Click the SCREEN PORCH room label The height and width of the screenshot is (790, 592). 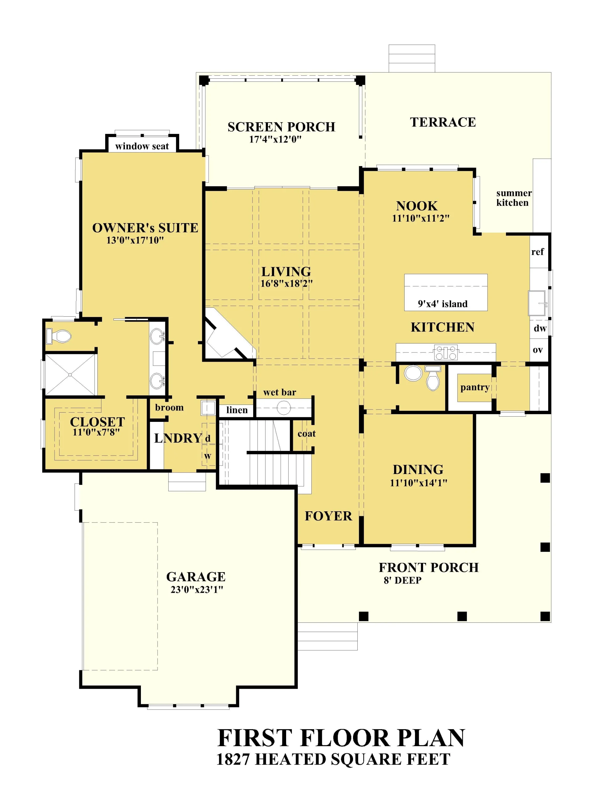[x=281, y=127]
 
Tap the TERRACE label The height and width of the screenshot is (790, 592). [x=443, y=122]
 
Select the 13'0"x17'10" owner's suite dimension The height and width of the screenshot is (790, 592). [x=135, y=240]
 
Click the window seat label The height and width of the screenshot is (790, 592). [x=142, y=146]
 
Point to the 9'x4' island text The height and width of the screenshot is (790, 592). [x=442, y=304]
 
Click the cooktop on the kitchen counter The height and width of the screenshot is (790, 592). [x=446, y=352]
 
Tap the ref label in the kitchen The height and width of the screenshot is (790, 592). [x=537, y=252]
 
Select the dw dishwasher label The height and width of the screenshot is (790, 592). [x=540, y=328]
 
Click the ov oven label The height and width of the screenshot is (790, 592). [x=538, y=350]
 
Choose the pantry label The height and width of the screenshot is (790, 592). [x=475, y=388]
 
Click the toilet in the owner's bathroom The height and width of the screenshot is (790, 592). [x=59, y=336]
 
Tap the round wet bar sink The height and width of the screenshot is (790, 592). [x=284, y=408]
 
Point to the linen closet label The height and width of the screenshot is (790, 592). [x=237, y=410]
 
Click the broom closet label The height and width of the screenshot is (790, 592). [x=169, y=408]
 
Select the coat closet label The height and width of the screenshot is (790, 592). [x=306, y=434]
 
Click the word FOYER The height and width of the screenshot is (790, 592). [x=328, y=516]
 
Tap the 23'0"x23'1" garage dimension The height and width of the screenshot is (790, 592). [x=197, y=590]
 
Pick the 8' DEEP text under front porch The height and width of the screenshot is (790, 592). [x=402, y=580]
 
